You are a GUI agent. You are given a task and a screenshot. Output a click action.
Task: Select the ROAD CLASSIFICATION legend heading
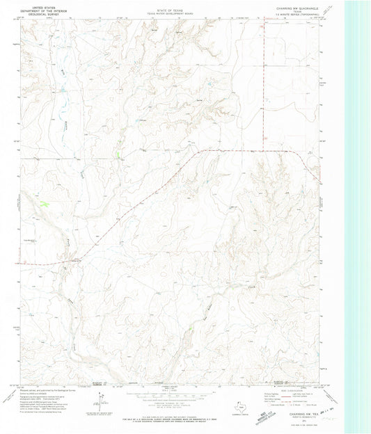tap(285, 390)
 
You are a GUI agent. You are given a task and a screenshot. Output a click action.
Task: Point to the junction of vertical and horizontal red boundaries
tap(265, 150)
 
